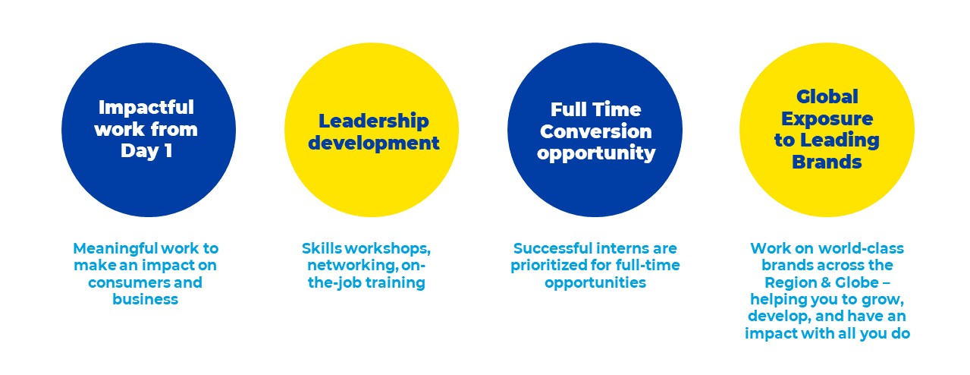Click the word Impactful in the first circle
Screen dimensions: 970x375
click(146, 108)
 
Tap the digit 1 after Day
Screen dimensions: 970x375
click(168, 151)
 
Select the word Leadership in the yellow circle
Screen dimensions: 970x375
click(374, 121)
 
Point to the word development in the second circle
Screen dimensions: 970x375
click(374, 143)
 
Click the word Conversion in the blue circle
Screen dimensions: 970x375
click(595, 131)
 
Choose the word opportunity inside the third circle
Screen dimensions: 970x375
click(596, 153)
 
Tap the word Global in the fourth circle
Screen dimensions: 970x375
click(827, 96)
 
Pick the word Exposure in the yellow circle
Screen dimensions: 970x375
click(827, 118)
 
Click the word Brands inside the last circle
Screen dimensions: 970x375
click(827, 162)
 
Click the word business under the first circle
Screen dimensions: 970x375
click(145, 299)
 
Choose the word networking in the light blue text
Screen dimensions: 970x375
click(353, 266)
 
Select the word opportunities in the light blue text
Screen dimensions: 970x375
click(595, 282)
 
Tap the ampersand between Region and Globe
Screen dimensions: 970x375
click(822, 282)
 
